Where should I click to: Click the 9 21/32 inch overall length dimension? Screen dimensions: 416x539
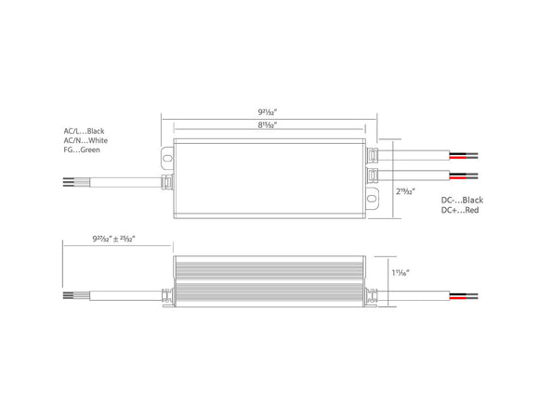(269, 110)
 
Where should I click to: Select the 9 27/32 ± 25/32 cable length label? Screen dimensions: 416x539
(113, 239)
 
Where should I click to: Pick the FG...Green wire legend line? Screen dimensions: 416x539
(83, 149)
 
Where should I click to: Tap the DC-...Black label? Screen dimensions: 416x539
(461, 200)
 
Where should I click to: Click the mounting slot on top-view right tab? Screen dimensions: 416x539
(373, 197)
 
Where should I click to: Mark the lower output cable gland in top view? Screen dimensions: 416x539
(373, 174)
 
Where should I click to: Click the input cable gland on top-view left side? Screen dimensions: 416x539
(168, 179)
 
